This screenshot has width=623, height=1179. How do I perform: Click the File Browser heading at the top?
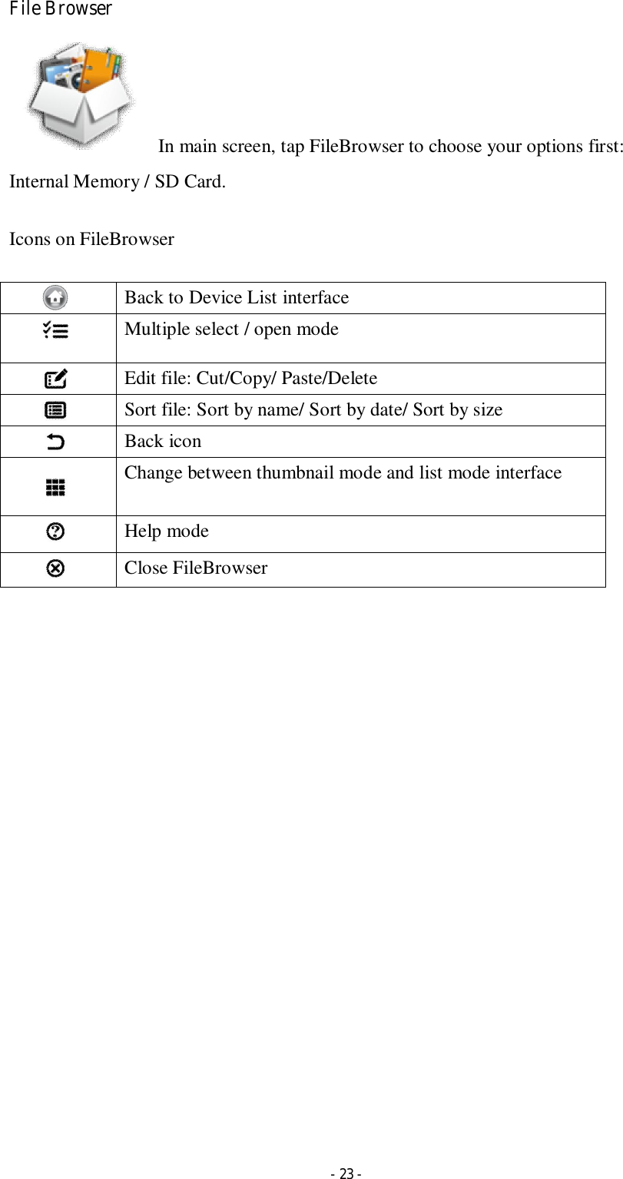point(61,10)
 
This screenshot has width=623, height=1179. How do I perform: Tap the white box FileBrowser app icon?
point(80,95)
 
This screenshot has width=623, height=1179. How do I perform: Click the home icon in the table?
point(55,297)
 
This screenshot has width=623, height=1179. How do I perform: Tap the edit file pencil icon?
point(55,379)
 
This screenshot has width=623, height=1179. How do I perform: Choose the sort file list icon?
point(55,410)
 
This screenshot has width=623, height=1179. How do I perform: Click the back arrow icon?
point(55,442)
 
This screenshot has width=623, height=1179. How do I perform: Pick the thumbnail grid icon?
point(55,487)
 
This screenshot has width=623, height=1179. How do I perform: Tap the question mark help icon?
point(55,532)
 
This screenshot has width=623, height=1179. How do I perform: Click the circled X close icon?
point(55,568)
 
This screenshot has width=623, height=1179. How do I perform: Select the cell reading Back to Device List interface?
point(237,297)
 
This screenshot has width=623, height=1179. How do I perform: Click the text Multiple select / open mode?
point(231,330)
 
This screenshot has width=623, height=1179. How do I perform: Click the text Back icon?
point(163,441)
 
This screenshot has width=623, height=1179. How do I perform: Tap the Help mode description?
point(167,531)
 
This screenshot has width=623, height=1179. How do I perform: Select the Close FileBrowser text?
point(196,568)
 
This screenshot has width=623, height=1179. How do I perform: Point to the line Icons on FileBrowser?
point(91,239)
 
